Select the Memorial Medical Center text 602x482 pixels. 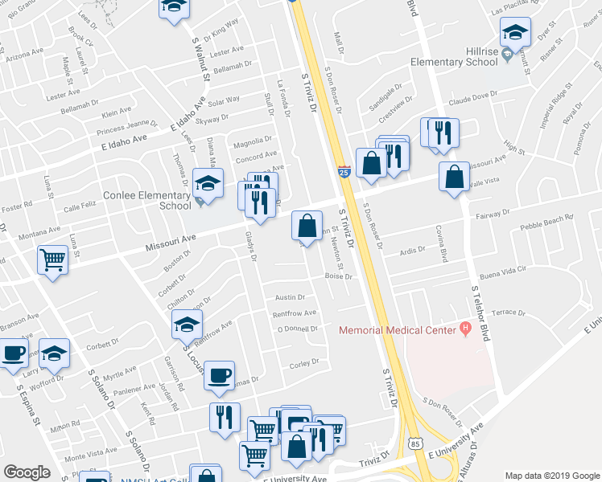[397, 329]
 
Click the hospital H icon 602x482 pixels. [464, 329]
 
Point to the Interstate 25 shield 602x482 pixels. [344, 171]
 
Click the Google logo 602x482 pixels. [27, 472]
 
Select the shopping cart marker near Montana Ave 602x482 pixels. [52, 259]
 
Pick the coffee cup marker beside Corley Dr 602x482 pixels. [219, 375]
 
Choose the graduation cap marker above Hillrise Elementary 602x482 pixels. [515, 32]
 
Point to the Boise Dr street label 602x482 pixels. [339, 276]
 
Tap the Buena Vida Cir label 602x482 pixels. [502, 272]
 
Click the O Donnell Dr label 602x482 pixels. [298, 329]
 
